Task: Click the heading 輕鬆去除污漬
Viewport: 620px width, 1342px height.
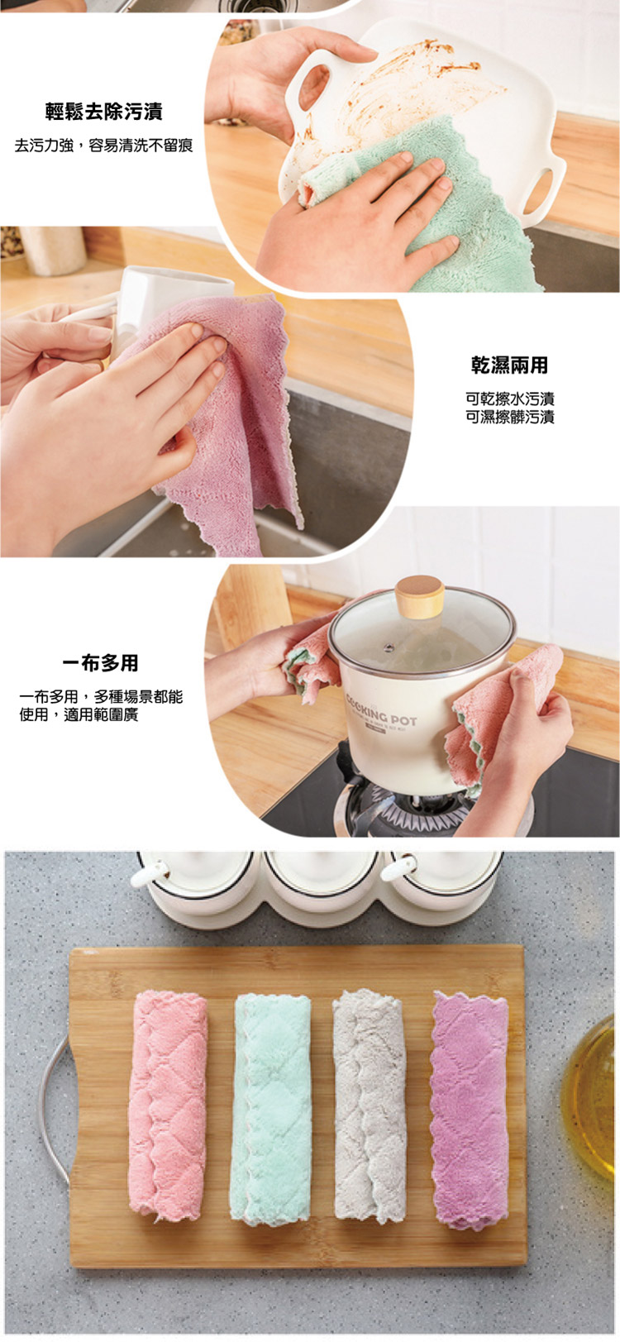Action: pos(103,111)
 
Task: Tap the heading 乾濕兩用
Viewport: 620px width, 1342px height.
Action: pos(509,365)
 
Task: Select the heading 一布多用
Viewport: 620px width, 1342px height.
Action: pos(101,662)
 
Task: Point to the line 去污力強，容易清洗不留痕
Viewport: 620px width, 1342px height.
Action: pos(103,146)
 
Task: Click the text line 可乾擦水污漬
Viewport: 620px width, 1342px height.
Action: pos(510,399)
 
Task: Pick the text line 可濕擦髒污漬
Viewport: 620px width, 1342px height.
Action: pos(510,417)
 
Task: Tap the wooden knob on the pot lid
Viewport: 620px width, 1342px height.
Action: pos(419,596)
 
